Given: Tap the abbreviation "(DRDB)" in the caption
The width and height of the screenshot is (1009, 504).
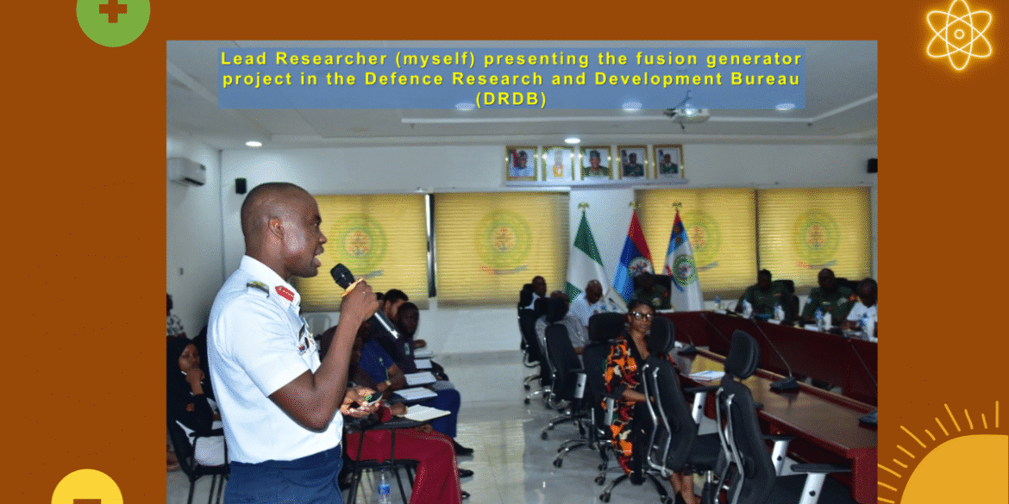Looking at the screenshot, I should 512,100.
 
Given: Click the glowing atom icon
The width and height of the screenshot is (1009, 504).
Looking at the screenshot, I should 959,34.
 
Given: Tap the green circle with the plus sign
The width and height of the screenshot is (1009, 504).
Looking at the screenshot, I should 113,15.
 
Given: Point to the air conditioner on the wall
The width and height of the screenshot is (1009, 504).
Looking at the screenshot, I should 186,171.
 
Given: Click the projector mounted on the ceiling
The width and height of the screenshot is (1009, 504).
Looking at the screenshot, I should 687,113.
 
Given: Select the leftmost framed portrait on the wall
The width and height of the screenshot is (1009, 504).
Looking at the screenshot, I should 521,163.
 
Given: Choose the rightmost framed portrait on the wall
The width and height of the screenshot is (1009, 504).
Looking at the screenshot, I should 667,162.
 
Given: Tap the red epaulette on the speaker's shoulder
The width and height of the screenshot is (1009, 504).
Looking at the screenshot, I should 285,293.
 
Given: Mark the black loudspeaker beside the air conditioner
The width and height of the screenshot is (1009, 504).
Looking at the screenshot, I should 241,185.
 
